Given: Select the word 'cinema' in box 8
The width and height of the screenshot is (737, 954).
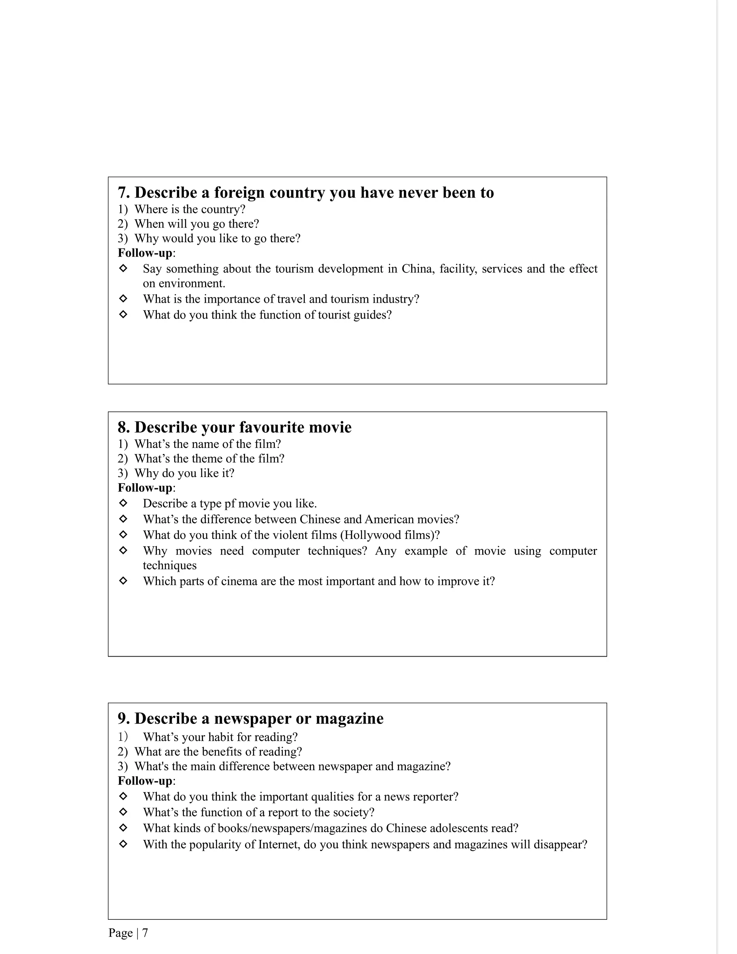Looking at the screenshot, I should [x=239, y=581].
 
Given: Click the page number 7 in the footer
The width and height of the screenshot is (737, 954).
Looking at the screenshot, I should [x=145, y=933].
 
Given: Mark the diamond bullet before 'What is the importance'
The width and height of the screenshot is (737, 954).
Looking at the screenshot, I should [x=123, y=299].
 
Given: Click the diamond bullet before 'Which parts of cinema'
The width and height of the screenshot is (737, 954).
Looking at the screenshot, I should [x=123, y=581].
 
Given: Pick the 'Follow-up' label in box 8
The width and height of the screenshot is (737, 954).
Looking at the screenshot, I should [x=145, y=488].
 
